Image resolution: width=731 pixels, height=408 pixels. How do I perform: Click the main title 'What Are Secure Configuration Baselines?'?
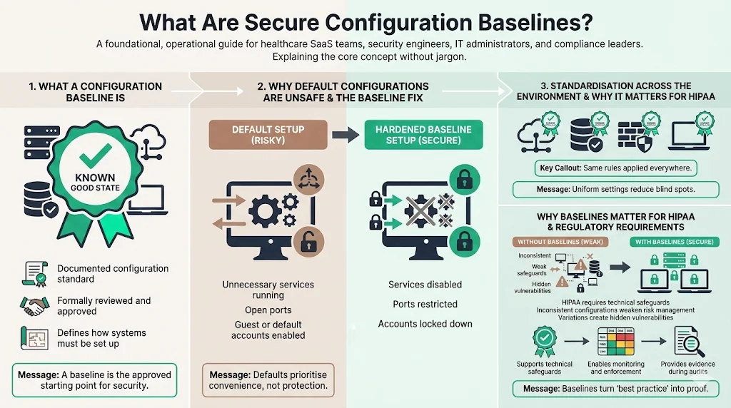point(365,21)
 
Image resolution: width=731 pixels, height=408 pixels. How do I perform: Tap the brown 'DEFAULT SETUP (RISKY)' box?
point(268,135)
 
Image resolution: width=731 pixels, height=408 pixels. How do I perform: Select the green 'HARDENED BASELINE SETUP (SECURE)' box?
point(423,135)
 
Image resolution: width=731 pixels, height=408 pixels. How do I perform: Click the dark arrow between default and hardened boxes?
point(346,134)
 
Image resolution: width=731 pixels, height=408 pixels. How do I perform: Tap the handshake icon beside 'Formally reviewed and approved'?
point(34,306)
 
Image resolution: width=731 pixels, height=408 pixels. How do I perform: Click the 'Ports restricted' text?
point(425,305)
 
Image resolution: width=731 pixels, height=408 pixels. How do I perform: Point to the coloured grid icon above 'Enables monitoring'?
point(615,341)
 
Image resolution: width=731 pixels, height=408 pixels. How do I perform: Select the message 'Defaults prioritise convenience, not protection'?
point(268,381)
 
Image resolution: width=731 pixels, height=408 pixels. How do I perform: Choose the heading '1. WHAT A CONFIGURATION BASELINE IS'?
point(95,92)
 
